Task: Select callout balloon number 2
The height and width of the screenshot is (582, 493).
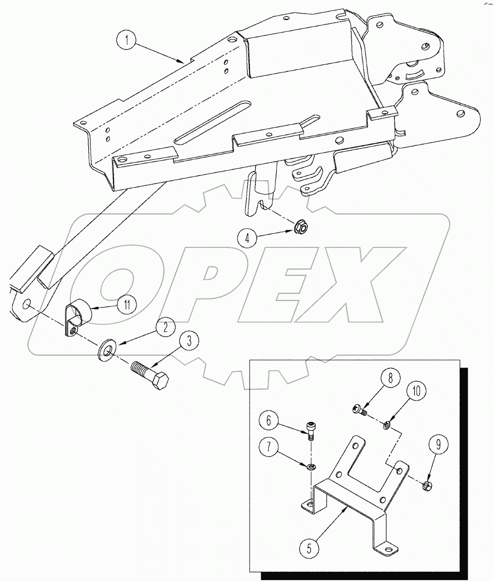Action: coord(166,328)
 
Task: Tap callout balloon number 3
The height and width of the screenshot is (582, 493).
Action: coord(189,342)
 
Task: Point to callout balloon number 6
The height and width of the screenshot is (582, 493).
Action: coord(273,421)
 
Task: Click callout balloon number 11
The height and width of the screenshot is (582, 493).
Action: coord(127,305)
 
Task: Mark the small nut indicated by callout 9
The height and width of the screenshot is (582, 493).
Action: coord(426,485)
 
